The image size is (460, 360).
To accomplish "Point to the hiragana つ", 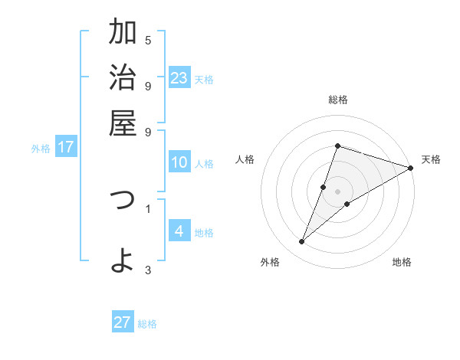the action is point(123,201).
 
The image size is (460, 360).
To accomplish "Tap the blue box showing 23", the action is point(179,78).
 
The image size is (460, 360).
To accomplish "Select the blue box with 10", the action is point(179,162).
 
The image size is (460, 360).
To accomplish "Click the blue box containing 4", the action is point(179,231).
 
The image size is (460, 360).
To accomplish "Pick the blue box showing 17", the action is point(66,147).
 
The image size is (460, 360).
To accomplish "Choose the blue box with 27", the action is point(123,322).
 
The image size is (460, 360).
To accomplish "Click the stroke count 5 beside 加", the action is point(148,40).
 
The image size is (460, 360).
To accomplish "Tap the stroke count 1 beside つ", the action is point(148,208).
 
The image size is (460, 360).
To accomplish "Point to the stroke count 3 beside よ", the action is point(148,269).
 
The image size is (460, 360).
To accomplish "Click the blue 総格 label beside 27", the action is point(147,324).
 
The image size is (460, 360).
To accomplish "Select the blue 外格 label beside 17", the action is point(41,149).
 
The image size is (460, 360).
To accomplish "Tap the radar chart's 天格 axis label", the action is point(431,159).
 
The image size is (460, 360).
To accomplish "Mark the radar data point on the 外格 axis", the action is point(302,242).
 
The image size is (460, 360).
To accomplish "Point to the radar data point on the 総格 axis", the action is point(337,146).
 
